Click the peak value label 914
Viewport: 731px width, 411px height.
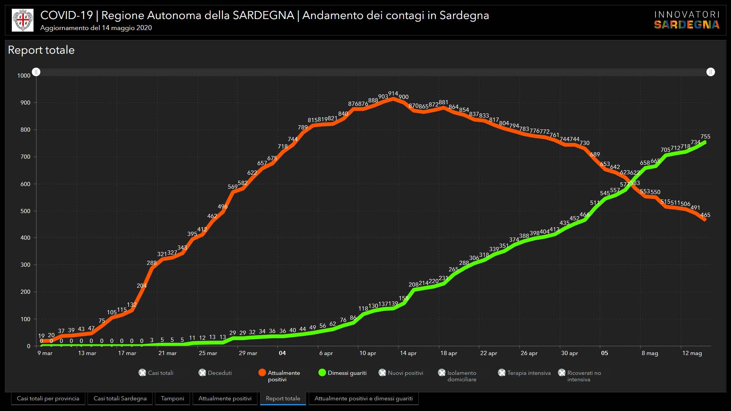(393, 94)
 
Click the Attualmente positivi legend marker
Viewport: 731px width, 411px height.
(262, 373)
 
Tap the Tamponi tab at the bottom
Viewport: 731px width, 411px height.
(172, 398)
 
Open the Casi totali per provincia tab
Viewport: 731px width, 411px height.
(48, 398)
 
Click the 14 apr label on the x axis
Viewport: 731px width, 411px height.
(408, 353)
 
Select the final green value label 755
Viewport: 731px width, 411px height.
(705, 137)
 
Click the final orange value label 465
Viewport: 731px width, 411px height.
(705, 215)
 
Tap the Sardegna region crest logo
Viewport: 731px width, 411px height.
(22, 20)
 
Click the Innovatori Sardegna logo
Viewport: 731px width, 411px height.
(686, 20)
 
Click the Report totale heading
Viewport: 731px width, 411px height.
(41, 50)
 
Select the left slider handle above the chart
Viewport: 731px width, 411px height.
(36, 72)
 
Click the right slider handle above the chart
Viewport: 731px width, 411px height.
(710, 72)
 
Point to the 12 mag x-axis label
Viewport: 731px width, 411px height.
(692, 353)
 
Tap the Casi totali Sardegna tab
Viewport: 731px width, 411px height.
(120, 398)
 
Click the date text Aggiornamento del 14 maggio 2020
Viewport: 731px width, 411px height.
(96, 28)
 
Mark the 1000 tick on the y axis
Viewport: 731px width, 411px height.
(24, 76)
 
